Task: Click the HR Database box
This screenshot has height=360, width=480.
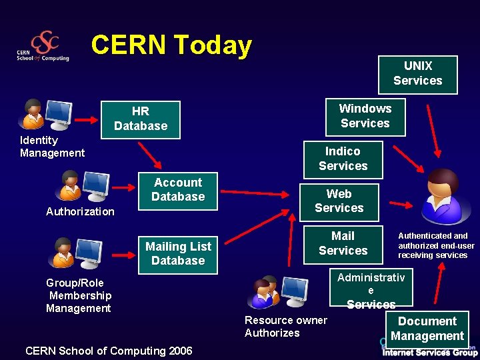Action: point(141,119)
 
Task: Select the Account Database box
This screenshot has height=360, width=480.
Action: point(178,191)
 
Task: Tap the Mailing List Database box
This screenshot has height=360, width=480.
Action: point(178,254)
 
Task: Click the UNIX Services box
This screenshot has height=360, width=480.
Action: point(418,74)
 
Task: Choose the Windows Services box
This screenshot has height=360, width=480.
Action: point(365,116)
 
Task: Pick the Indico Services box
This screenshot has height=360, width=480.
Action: point(343,159)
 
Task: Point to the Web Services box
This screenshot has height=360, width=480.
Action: point(339,201)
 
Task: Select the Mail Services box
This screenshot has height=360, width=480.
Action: point(343,243)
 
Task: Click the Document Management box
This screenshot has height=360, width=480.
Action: point(427,329)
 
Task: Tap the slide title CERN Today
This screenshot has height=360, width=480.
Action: point(171,45)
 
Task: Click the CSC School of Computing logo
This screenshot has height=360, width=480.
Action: point(43,47)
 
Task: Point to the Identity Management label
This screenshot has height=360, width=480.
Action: point(52,147)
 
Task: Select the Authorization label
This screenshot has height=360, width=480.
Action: point(80,212)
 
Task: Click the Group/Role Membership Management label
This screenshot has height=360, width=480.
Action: point(79,295)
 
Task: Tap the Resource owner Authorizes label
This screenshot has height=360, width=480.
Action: point(285,327)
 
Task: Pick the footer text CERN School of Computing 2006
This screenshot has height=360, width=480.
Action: point(108,351)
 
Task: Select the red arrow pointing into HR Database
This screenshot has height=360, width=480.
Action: point(86,120)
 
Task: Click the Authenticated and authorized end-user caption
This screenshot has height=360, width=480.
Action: point(436,245)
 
